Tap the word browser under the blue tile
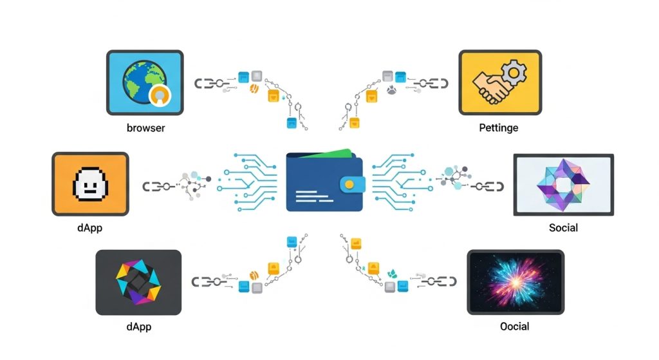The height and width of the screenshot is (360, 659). (145, 128)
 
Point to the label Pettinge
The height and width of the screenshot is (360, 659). (498, 128)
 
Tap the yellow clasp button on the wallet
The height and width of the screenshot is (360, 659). (349, 184)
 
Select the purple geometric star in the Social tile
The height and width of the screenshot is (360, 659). (563, 184)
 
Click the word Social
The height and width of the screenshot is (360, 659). (563, 227)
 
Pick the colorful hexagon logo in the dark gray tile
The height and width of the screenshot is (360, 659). (138, 282)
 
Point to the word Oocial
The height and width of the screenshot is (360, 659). (514, 327)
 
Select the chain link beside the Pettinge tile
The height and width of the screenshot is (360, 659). (431, 84)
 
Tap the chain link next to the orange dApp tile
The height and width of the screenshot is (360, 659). (156, 186)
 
